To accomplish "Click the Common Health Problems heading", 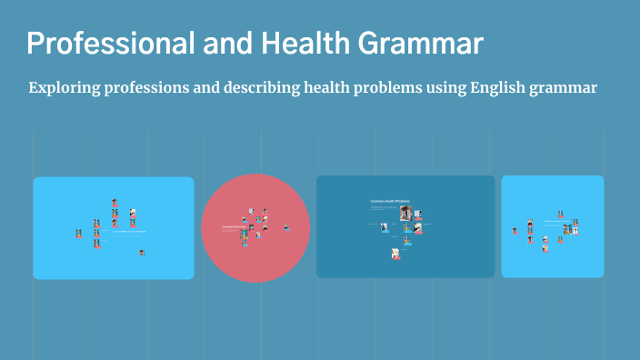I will pyautogui.click(x=390, y=200).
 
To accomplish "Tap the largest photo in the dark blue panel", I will pyautogui.click(x=405, y=214).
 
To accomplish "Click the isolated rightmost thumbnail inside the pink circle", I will pyautogui.click(x=287, y=227).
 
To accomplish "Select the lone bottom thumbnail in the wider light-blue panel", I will pyautogui.click(x=142, y=252).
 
